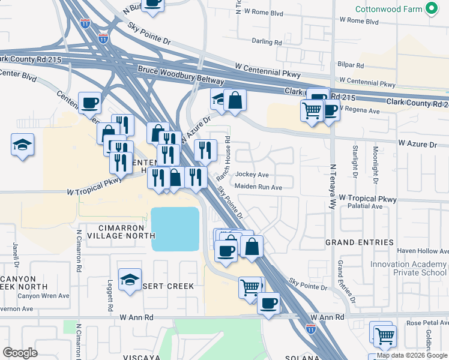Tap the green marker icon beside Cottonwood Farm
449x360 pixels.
tap(430, 8)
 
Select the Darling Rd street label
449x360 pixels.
tap(267, 43)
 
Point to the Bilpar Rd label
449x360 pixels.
tap(351, 65)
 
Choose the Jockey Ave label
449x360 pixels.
tap(252, 175)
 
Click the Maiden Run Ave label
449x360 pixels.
tap(258, 187)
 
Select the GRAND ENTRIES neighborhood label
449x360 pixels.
tap(360, 242)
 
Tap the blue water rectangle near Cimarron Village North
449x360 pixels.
tap(175, 229)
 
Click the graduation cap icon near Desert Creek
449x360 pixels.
tap(130, 279)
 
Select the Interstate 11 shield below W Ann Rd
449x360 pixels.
tap(310, 328)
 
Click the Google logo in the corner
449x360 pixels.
tap(20, 353)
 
